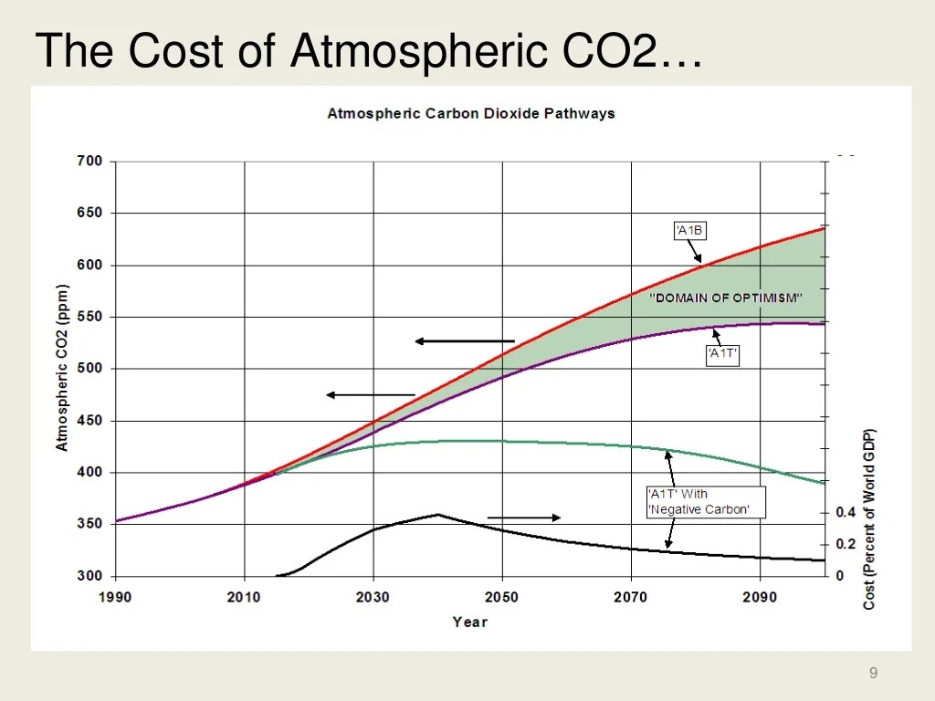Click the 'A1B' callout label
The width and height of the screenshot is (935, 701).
[x=689, y=230]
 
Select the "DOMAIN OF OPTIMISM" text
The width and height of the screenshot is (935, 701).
[x=726, y=298]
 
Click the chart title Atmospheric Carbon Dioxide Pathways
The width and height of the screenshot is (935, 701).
[x=471, y=114]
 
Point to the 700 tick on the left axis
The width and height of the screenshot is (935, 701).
[x=89, y=162]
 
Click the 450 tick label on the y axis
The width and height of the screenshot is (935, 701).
[x=89, y=421]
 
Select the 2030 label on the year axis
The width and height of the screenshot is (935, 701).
[x=373, y=597]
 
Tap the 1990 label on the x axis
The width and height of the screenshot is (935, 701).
[x=115, y=597]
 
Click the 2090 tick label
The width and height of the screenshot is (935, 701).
[x=760, y=597]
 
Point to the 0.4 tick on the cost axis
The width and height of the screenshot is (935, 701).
[x=846, y=513]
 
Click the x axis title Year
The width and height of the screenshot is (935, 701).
[x=470, y=622]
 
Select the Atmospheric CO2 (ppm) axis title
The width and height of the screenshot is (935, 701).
[x=62, y=369]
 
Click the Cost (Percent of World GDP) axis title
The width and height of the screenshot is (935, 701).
[x=869, y=518]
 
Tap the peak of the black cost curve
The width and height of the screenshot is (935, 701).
[x=437, y=514]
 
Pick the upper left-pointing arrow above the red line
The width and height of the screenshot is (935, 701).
[x=464, y=341]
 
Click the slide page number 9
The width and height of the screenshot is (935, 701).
[x=874, y=674]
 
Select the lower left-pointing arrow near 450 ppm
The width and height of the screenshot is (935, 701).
[x=370, y=395]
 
